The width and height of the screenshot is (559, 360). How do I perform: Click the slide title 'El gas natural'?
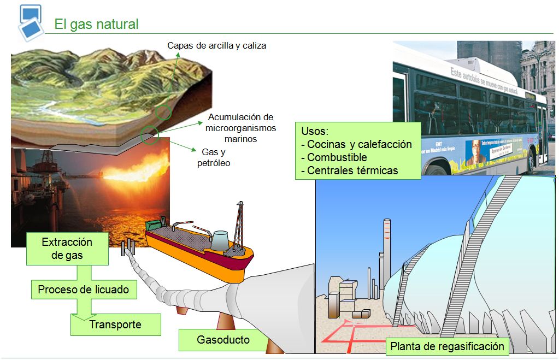point(96,25)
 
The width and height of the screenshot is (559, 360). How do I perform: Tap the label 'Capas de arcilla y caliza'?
point(217,46)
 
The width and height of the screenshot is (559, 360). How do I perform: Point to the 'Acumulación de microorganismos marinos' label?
point(241,128)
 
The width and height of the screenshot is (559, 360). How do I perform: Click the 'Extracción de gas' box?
point(67,248)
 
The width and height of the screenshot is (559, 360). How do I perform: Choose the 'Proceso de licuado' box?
point(84,290)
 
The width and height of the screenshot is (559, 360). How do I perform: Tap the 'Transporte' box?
point(115,324)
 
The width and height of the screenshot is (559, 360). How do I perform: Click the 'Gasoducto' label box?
point(223,340)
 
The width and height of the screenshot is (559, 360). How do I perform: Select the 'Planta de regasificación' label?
point(447,346)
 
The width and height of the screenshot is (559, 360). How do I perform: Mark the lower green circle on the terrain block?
point(150,134)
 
